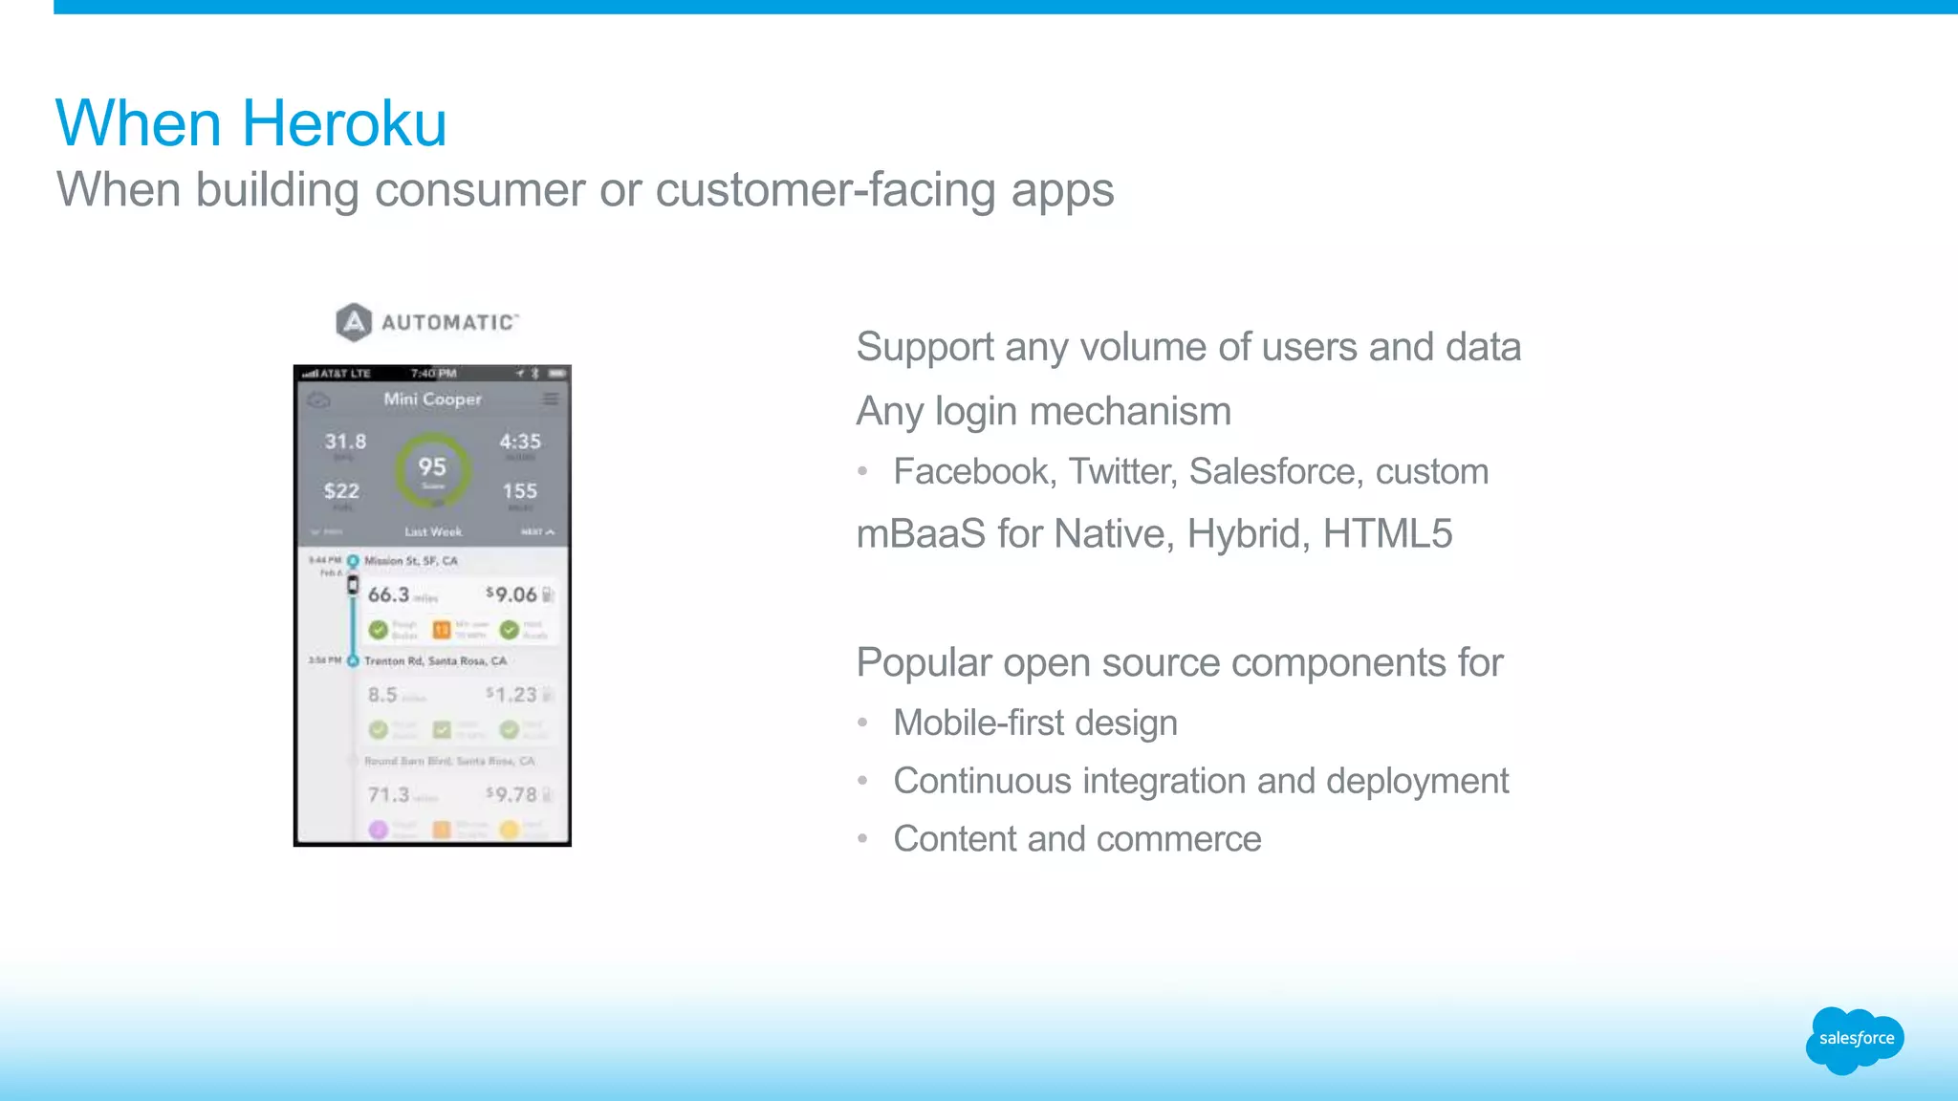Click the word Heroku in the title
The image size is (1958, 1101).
[x=344, y=124]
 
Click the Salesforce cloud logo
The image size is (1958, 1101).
[x=1855, y=1039]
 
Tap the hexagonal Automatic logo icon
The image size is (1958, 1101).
[x=354, y=322]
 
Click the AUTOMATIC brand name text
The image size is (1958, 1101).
[x=449, y=323]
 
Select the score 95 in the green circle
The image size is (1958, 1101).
[x=432, y=467]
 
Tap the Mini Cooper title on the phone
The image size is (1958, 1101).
[x=432, y=399]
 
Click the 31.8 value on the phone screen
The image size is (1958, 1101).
[x=345, y=442]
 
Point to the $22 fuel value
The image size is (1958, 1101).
[x=341, y=491]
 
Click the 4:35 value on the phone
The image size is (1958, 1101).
[x=520, y=442]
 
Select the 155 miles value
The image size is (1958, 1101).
[x=520, y=491]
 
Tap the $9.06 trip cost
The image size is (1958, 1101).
[x=512, y=594]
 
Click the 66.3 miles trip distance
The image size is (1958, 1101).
[x=389, y=594]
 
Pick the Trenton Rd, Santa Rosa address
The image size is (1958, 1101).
[x=435, y=661]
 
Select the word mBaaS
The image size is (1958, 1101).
[x=921, y=534]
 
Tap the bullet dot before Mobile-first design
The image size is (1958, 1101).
[x=862, y=723]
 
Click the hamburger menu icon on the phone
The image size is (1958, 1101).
[x=551, y=399]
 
